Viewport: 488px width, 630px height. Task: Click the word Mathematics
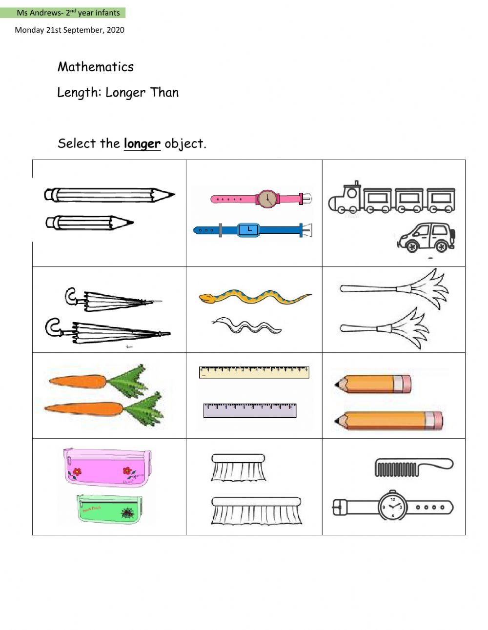(95, 67)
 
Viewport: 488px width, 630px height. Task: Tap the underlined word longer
(142, 144)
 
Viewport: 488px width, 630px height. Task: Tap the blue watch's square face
(248, 230)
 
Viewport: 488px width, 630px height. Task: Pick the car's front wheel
(412, 246)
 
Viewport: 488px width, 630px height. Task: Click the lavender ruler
(250, 410)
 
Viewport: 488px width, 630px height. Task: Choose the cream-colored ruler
(254, 372)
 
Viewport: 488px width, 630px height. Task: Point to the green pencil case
(109, 509)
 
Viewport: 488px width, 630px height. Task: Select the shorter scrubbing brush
(238, 467)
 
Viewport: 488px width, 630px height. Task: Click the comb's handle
(435, 463)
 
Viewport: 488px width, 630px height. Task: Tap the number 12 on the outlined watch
(393, 499)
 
